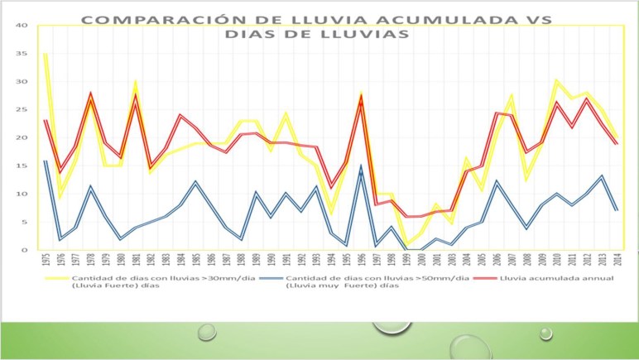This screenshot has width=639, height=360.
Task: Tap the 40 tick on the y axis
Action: click(x=23, y=25)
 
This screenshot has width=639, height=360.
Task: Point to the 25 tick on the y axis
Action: click(x=23, y=109)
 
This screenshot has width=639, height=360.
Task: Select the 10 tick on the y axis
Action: click(x=23, y=194)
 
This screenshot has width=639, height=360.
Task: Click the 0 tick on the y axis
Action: click(x=26, y=250)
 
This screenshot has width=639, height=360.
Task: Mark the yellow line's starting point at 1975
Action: click(x=45, y=54)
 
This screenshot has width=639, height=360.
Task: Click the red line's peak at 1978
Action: click(x=90, y=94)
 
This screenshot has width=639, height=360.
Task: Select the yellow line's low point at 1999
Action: click(x=406, y=243)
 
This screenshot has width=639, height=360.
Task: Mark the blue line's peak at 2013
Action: click(x=602, y=176)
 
